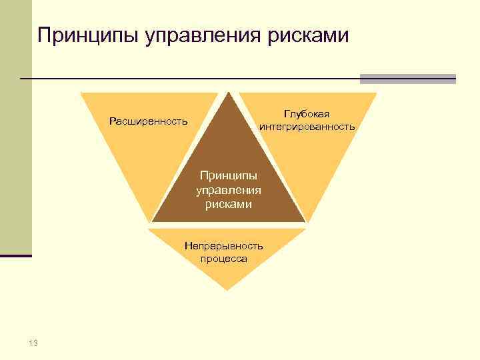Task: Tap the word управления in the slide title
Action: point(200,35)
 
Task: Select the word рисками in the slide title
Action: point(308,35)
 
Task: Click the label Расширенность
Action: point(149,122)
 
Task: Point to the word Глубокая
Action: point(307,115)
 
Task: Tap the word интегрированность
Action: point(307,127)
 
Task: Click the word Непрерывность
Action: point(224,246)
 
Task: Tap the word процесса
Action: point(223,259)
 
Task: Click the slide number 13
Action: point(33,343)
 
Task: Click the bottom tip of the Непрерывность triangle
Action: point(227,289)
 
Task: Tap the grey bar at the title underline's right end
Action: point(407,79)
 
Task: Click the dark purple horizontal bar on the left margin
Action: point(16,255)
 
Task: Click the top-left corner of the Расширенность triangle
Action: point(82,93)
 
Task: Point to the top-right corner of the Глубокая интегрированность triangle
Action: point(376,93)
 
